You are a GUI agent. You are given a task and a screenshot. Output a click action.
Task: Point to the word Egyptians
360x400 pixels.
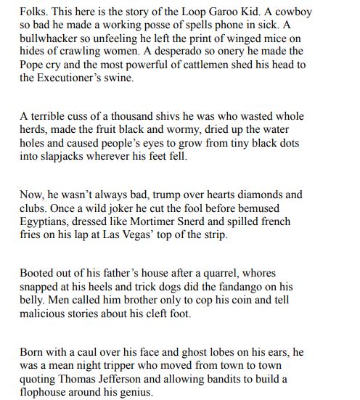[50, 221]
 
